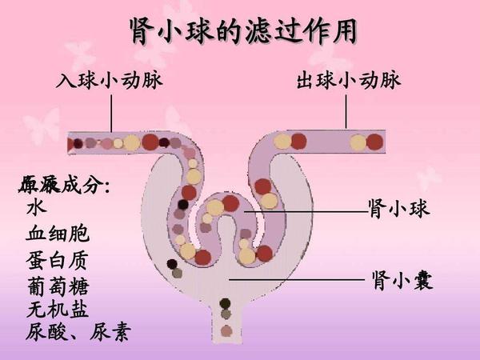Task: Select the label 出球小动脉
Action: click(348, 82)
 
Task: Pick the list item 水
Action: click(37, 208)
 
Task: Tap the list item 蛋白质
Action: click(58, 260)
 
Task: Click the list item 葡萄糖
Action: click(58, 286)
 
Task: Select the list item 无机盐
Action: click(58, 309)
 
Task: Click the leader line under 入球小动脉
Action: click(111, 112)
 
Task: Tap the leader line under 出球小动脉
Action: click(346, 112)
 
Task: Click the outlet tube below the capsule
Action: click(226, 324)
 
